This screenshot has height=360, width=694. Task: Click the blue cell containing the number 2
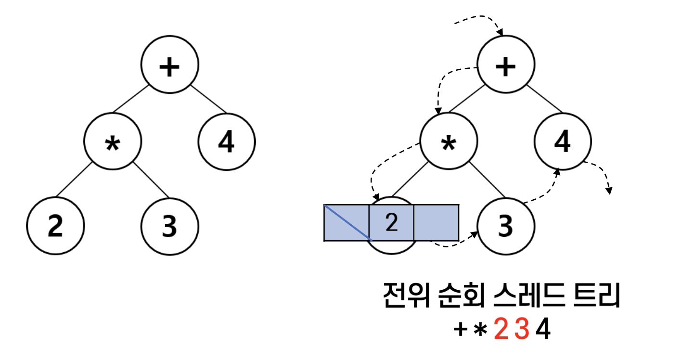coord(391,222)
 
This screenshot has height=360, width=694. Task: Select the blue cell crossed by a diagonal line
coord(347,222)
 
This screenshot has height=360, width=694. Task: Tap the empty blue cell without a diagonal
coord(436,222)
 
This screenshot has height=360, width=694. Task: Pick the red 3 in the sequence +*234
coord(522,331)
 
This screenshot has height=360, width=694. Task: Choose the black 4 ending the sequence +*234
coord(543,331)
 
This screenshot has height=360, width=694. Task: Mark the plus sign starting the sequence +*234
coord(461,331)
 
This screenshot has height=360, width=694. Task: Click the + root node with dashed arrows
coord(505,64)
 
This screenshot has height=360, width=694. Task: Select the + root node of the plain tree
coord(169,64)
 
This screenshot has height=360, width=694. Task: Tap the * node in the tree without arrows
coord(113,141)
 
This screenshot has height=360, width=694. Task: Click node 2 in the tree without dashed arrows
coord(55,226)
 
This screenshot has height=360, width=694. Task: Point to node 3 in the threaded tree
coord(505,226)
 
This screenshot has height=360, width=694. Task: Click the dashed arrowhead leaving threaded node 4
coord(609,191)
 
